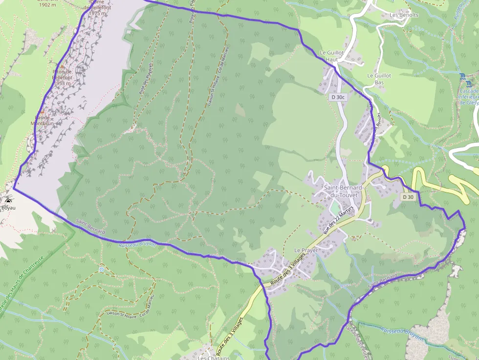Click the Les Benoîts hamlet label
tap(404, 15)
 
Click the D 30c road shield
tap(338, 97)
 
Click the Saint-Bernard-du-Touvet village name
tap(343, 191)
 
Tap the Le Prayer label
tap(306, 250)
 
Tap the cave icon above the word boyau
tap(8, 201)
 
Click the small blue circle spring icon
tap(101, 269)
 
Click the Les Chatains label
tap(214, 358)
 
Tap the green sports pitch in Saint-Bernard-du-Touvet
tap(334, 208)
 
